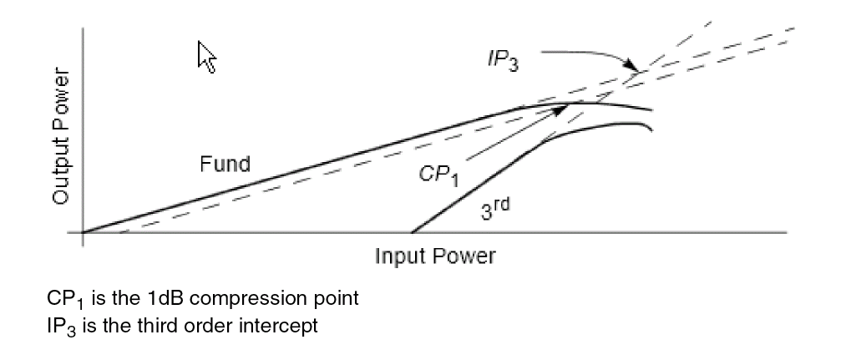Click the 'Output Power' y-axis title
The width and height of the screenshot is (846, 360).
(60, 136)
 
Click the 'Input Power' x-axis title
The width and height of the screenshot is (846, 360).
(434, 256)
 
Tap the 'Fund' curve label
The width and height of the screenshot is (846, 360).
(224, 164)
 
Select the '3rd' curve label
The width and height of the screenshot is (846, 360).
(494, 208)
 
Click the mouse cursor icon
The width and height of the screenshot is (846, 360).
(206, 57)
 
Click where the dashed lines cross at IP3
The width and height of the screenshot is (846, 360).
(638, 73)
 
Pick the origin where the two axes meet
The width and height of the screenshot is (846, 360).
(82, 232)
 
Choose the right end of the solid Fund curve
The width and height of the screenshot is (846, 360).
(651, 110)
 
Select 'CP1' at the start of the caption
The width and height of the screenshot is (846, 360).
(64, 299)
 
